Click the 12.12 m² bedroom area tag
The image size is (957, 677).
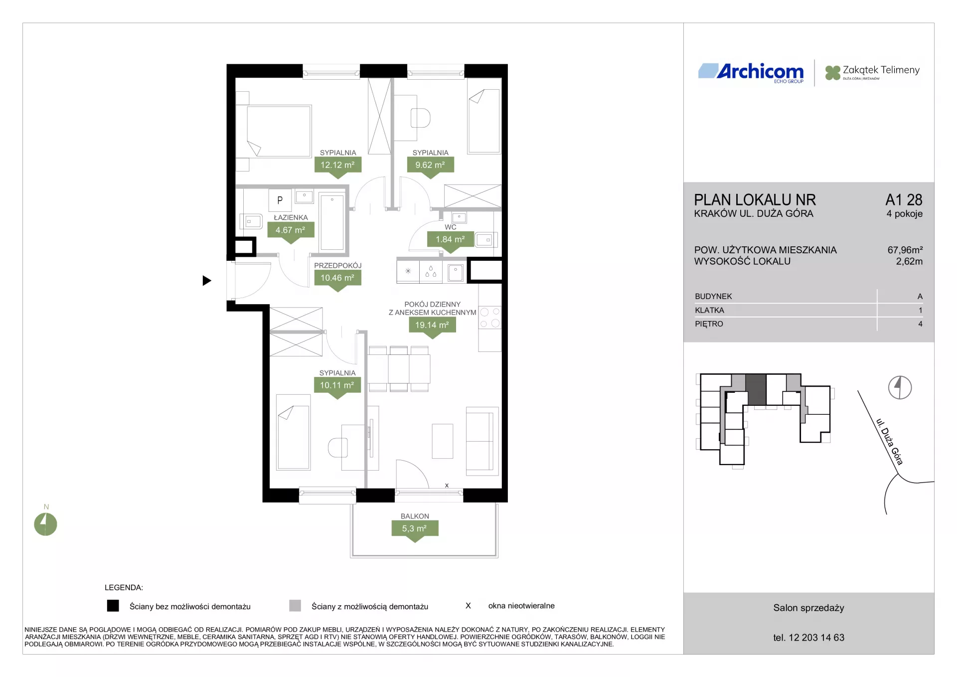coord(337,165)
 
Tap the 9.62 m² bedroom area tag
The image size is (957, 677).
coord(430,165)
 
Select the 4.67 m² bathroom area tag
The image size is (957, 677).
coord(291,230)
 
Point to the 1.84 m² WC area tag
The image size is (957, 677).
coord(451,240)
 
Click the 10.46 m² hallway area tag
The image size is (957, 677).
coord(337,278)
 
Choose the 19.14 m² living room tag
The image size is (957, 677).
coord(432,325)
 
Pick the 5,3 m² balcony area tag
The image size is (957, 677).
coord(415,529)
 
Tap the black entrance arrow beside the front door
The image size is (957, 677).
coord(207,281)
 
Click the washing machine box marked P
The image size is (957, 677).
coord(280,200)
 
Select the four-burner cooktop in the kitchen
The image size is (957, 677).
coord(490,318)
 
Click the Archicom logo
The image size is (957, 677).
coord(751,72)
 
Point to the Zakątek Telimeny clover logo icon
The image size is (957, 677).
coord(832,73)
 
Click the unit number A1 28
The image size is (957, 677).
coord(904,200)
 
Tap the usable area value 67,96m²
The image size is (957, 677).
coord(905,250)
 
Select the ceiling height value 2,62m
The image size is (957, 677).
coord(909,261)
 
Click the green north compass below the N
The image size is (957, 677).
coord(45,524)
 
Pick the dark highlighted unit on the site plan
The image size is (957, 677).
coord(756,390)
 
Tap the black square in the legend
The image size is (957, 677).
coord(113,606)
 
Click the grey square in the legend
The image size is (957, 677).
coord(295,606)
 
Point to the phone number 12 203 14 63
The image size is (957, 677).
coord(816,638)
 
